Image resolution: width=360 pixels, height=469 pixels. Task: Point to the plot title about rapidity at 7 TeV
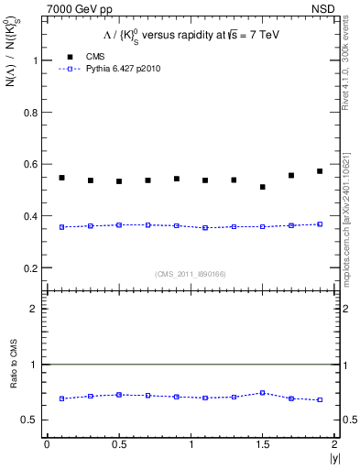tap(188, 34)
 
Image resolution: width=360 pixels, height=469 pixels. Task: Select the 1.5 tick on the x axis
tap(263, 444)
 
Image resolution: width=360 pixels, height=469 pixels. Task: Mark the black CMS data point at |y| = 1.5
tap(263, 187)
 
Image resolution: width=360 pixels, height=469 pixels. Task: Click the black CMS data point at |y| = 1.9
tap(320, 171)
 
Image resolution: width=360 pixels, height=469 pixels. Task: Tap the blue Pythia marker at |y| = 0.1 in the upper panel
tap(61, 226)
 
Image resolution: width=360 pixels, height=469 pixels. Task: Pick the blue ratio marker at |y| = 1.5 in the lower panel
tap(263, 392)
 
